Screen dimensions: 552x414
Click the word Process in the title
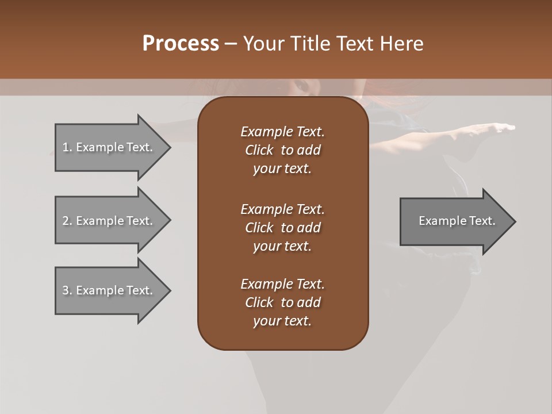pos(181,44)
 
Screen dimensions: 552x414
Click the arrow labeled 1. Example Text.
pos(109,147)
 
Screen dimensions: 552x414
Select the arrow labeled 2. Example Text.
pos(109,221)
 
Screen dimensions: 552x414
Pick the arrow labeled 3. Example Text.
pos(109,290)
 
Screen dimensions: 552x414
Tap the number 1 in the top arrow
pos(66,147)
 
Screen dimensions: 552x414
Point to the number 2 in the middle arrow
pos(66,221)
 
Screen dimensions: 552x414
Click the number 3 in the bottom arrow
pos(66,290)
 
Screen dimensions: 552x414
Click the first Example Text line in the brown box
pos(282,132)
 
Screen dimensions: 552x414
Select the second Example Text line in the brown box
pos(282,209)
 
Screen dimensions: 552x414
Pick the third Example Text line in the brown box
pos(282,283)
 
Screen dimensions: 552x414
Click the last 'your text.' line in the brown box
pos(282,321)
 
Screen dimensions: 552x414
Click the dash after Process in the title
pos(231,44)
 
